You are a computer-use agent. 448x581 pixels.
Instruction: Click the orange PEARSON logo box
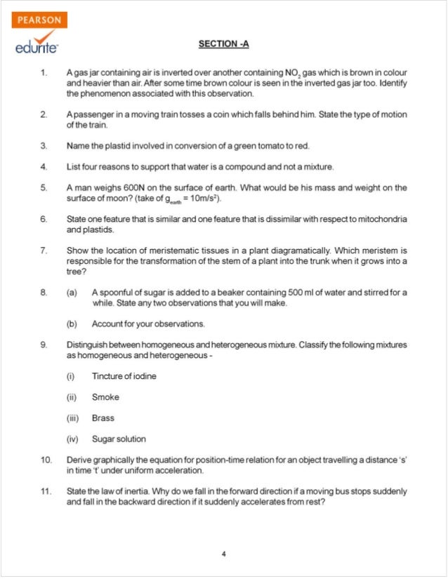(x=39, y=20)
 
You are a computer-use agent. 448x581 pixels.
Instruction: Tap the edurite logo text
(x=37, y=46)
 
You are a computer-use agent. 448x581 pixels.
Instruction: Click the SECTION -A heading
(x=223, y=44)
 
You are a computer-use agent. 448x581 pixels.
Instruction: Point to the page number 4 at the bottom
(x=223, y=554)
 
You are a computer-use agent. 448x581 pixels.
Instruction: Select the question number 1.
(x=44, y=73)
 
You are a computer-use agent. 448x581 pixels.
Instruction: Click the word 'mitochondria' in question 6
(x=380, y=220)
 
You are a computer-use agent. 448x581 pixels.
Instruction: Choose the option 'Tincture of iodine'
(x=124, y=376)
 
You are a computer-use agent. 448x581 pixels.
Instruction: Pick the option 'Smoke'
(x=105, y=397)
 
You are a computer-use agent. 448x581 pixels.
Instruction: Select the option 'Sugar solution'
(x=119, y=439)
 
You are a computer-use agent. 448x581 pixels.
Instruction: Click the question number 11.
(x=46, y=492)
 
